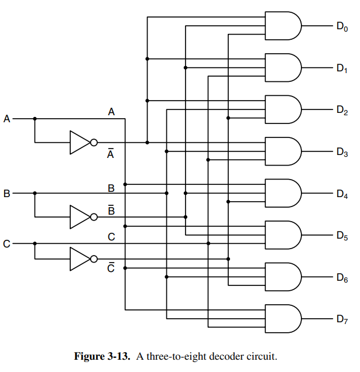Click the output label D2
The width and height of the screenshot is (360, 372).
(342, 111)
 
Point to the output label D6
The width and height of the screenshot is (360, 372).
(342, 278)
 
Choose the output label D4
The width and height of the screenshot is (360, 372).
(342, 194)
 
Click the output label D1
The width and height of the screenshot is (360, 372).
(342, 68)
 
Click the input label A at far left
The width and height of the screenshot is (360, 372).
(7, 119)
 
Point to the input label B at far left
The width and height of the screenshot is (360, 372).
(7, 193)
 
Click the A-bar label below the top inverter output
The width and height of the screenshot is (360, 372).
(111, 153)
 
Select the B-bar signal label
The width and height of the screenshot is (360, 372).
(111, 210)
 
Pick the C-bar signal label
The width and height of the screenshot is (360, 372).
(111, 268)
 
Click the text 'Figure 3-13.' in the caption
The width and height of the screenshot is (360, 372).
(103, 356)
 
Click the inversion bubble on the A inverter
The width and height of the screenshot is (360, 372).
(94, 142)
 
